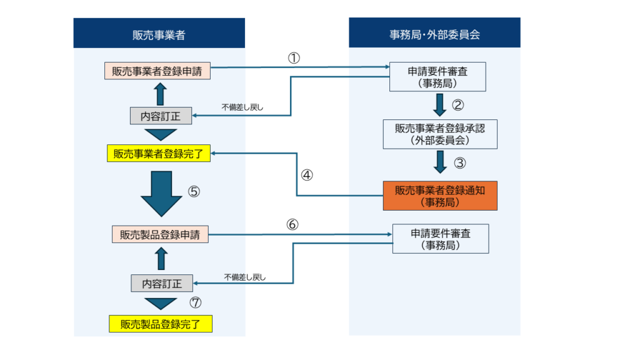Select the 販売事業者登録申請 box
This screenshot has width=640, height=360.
click(x=157, y=71)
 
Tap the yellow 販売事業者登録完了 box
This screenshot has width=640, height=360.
click(x=158, y=153)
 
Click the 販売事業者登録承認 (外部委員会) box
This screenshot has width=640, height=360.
click(x=440, y=134)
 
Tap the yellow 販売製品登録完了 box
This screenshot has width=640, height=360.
click(x=161, y=324)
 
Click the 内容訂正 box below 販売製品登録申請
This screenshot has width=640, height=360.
click(x=161, y=283)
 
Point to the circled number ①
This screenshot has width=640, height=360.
click(x=294, y=57)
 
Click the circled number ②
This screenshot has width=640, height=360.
click(x=459, y=104)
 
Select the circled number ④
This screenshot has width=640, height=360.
click(x=306, y=175)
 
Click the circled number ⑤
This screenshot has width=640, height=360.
click(x=194, y=191)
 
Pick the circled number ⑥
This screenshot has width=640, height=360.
click(x=294, y=224)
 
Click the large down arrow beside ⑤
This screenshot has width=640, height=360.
click(x=161, y=192)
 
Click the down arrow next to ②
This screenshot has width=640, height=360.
click(x=440, y=104)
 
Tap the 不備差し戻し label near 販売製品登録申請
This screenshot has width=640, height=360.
click(x=245, y=277)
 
